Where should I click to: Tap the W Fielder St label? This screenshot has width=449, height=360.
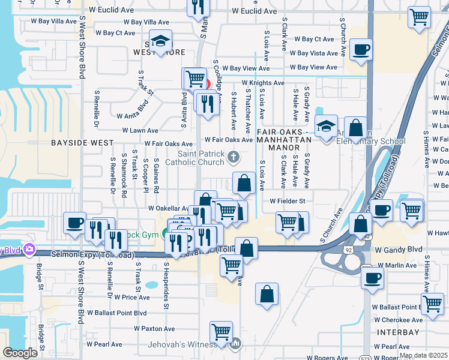click(x=288, y=201)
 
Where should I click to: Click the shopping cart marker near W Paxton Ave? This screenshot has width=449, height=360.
click(x=221, y=332)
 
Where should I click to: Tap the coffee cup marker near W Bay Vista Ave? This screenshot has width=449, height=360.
click(x=361, y=50)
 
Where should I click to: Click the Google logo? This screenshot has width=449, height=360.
click(x=20, y=353)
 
